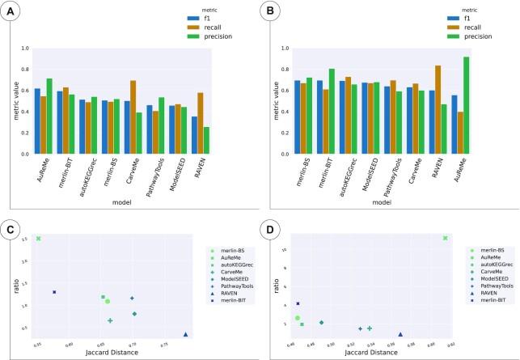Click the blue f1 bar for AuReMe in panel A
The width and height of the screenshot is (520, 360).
point(37,121)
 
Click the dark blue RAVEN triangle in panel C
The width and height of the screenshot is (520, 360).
point(186,334)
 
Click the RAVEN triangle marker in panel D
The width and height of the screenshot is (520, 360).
point(400,334)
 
